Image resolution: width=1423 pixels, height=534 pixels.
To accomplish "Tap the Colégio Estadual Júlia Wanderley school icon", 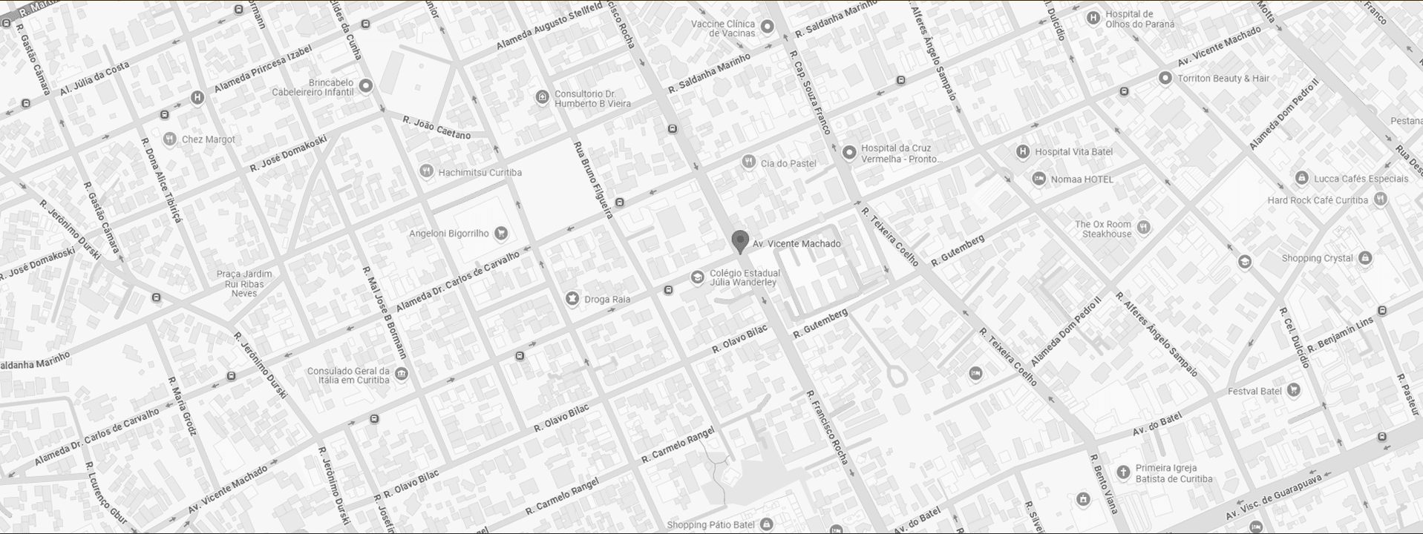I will point(697,277).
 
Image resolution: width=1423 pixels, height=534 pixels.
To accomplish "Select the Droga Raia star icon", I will point(572,299).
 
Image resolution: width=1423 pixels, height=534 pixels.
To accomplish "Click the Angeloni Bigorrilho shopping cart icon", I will point(501,234).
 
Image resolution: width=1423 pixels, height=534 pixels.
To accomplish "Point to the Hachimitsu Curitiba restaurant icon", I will point(426,172).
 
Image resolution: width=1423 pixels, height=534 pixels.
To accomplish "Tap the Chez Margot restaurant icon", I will point(170,139).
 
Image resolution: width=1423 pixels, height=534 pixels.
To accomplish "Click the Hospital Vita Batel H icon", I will point(1023,152).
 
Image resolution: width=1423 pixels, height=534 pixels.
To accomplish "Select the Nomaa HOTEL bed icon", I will point(1039,179).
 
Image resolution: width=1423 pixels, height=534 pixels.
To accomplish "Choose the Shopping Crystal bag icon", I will point(1365,258).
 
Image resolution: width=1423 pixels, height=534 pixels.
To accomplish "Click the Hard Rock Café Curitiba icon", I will point(1380,200).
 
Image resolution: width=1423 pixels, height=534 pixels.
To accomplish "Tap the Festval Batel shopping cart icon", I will point(1294,391).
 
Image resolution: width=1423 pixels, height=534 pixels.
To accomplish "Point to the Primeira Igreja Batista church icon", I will point(1124,472).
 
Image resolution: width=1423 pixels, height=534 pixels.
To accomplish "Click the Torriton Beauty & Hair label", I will point(1223,79).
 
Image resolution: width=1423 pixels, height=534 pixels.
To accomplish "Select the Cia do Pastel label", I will point(788,163).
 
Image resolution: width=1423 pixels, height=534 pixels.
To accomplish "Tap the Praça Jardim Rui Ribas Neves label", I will point(244,283).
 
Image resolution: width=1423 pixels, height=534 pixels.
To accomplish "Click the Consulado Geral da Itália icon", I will point(402,374).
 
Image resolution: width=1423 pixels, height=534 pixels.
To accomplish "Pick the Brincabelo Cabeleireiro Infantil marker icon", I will point(365,87).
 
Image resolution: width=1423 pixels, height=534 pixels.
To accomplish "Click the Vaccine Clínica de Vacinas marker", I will point(768,27).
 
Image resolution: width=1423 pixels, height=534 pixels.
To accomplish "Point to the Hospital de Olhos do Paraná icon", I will point(1093,19).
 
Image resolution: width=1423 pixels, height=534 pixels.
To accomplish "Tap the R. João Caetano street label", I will point(436,128).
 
